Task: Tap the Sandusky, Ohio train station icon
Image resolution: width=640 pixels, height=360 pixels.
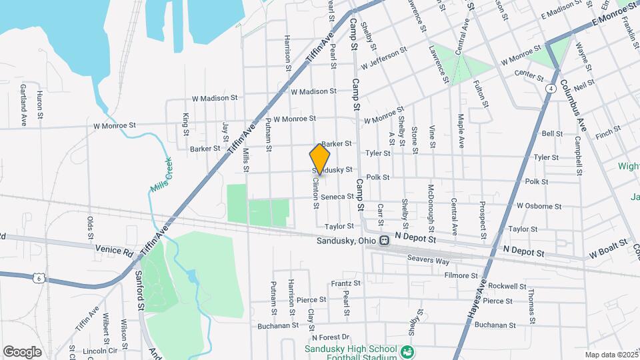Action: tap(384, 241)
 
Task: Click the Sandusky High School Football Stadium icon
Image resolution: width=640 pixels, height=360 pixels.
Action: tap(408, 351)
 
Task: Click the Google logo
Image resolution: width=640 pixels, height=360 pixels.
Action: tap(22, 351)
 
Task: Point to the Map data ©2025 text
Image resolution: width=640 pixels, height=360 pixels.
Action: tap(609, 354)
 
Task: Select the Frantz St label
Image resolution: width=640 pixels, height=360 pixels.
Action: tap(345, 283)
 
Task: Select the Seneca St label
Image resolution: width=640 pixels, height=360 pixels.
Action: tap(337, 197)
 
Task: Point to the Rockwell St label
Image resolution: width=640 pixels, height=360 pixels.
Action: tap(507, 286)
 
